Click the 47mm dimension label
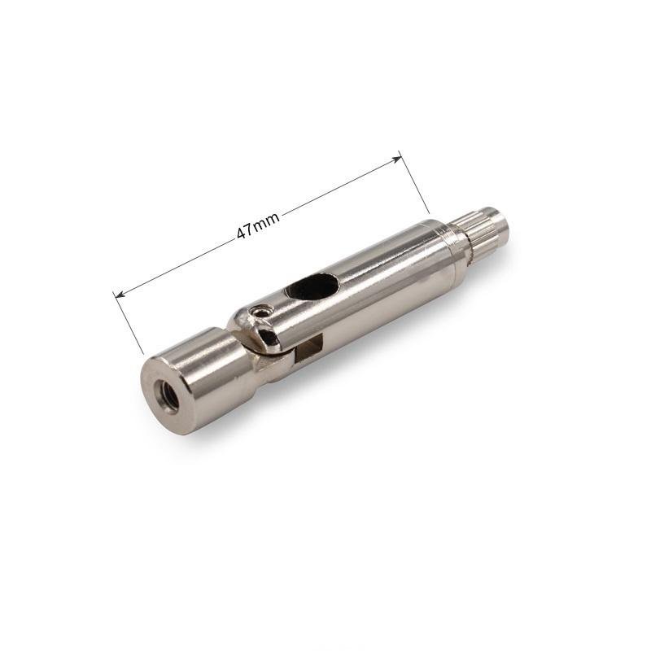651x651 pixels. [x=258, y=225]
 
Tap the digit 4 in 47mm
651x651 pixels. [x=242, y=234]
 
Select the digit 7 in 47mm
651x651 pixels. [x=251, y=229]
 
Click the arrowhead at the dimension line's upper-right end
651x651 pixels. [x=398, y=159]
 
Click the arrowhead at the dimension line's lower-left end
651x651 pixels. [x=120, y=295]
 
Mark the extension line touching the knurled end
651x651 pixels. [x=413, y=181]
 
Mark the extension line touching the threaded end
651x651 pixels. [x=129, y=322]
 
